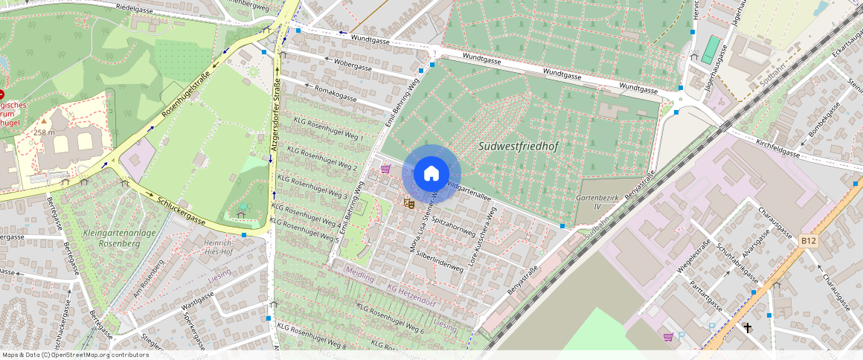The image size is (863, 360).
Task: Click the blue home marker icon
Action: click(431, 174)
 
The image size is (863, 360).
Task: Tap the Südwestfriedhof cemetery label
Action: click(518, 147)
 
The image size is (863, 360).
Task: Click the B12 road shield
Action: click(809, 241)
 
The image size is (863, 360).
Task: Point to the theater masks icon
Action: click(408, 202)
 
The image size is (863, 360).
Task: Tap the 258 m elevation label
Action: click(45, 132)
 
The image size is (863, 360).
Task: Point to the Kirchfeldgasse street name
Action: click(777, 147)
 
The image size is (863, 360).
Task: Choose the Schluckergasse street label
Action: click(182, 210)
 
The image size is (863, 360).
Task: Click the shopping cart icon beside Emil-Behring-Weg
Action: click(385, 169)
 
